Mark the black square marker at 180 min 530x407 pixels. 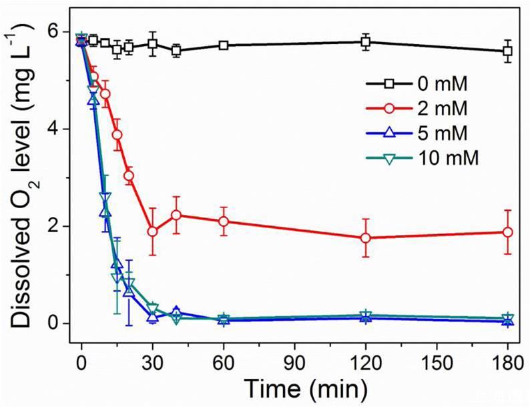(507, 51)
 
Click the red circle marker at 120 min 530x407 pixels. (365, 238)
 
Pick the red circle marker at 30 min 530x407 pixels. (153, 232)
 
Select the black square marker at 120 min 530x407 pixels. (365, 42)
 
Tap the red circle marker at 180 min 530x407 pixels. (507, 232)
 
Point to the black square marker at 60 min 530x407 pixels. (224, 45)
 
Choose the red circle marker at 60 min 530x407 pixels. (224, 222)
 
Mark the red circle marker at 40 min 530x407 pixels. (176, 215)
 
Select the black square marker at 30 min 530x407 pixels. (153, 44)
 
